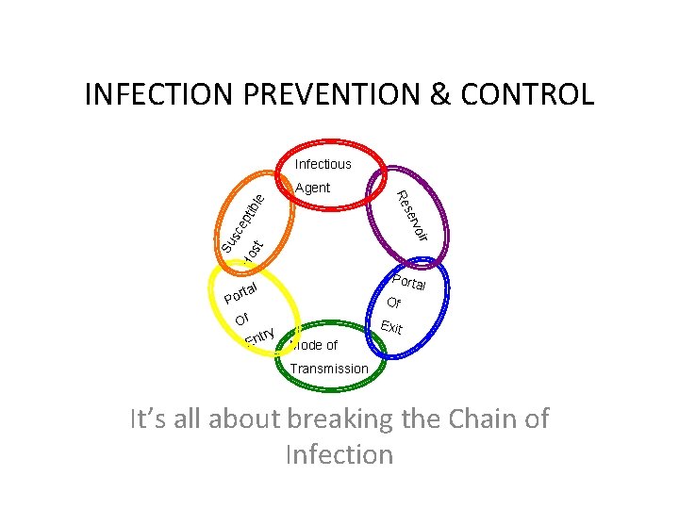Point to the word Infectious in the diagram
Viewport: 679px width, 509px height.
click(x=323, y=164)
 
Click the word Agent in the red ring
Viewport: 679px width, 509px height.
click(x=312, y=188)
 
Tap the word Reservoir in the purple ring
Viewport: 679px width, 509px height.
click(x=413, y=215)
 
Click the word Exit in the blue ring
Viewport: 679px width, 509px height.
click(x=391, y=328)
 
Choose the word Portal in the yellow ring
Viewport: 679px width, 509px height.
click(x=241, y=290)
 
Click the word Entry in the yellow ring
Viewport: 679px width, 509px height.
click(x=258, y=337)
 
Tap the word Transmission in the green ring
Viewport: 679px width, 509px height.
click(x=329, y=369)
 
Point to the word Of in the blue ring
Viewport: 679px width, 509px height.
click(x=393, y=304)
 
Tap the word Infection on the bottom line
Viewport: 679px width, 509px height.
click(x=338, y=454)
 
